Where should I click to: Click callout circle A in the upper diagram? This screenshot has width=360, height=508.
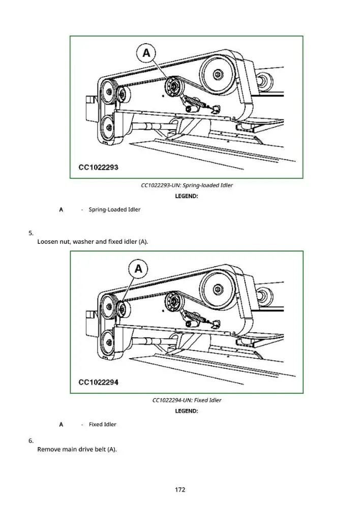coord(146,53)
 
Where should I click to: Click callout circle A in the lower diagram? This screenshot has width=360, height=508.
coord(138,269)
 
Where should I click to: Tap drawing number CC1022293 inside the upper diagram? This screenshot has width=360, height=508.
coord(98,168)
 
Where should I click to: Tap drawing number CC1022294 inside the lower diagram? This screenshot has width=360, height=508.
coord(98,383)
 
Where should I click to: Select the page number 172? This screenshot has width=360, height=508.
coord(180,490)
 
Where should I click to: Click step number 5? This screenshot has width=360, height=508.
coord(31,233)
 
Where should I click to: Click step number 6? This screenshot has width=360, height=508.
coord(31,440)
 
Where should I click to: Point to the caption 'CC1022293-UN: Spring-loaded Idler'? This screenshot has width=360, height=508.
coord(187,185)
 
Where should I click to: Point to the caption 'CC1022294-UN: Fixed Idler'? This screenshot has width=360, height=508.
coord(187,400)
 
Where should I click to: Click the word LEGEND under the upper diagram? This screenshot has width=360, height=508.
coord(187,196)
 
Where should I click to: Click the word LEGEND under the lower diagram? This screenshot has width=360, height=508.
coord(187,411)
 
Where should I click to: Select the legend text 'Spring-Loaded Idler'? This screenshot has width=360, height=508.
coord(114,210)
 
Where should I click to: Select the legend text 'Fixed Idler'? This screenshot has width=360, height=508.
coord(103,424)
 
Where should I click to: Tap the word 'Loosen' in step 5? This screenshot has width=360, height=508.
coord(48,242)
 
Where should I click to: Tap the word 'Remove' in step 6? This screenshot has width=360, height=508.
coord(49,450)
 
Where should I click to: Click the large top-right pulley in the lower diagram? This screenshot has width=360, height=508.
coord(218,289)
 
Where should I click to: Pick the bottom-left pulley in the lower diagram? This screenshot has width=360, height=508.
coord(107,343)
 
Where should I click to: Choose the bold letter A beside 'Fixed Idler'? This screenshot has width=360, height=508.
coord(61,424)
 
